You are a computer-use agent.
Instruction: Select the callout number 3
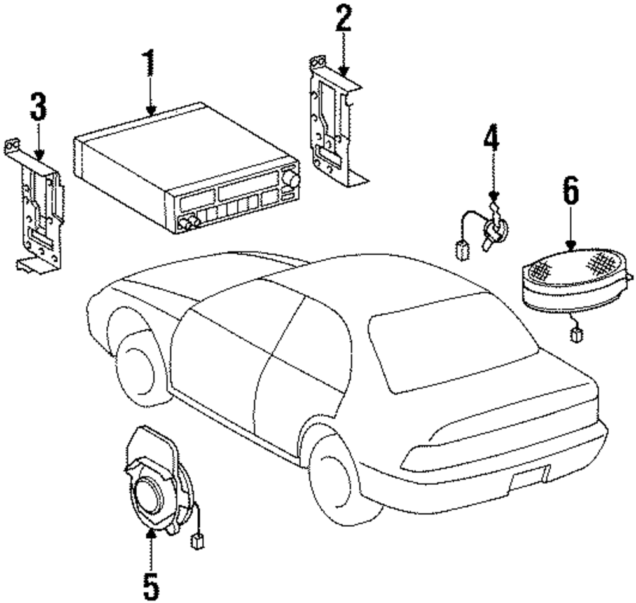point(38,107)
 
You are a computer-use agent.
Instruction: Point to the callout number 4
point(491,140)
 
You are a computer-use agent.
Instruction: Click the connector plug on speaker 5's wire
point(197,542)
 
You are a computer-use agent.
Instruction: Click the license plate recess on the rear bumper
point(528,475)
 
